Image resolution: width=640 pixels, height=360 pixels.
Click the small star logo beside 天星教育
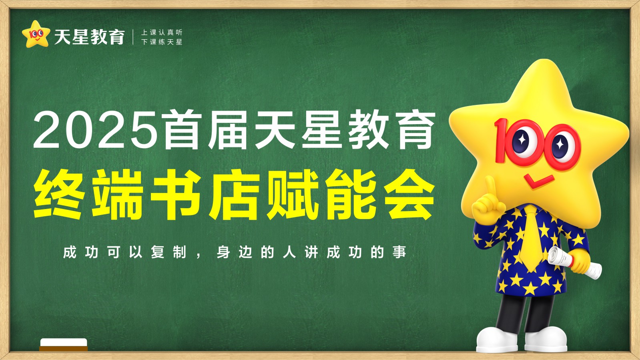36,34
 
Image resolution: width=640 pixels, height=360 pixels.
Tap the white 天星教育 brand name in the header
90,36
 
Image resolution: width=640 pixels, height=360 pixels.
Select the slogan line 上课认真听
162,32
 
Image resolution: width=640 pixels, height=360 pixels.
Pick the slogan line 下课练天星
162,42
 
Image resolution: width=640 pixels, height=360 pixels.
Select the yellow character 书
175,195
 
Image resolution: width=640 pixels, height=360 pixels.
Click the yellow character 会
409,195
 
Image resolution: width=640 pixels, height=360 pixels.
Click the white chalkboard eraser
63,344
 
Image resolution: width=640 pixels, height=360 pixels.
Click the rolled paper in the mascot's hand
575,263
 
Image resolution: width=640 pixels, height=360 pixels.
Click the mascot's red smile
539,181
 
